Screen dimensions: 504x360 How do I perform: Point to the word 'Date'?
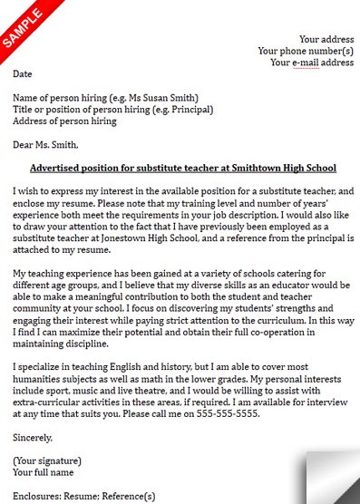coord(23,73)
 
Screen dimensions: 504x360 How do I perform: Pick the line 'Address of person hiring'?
coord(65,121)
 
